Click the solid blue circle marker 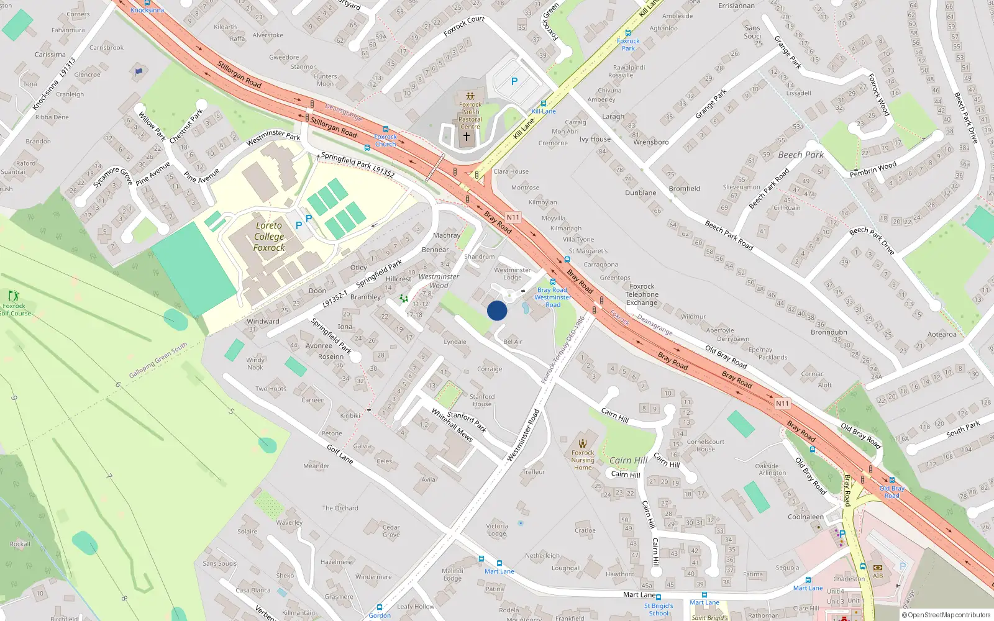point(497,310)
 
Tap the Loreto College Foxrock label point(269,237)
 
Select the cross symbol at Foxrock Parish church point(467,136)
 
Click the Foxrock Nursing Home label point(583,460)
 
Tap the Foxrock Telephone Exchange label point(642,294)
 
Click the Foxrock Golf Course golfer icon point(14,296)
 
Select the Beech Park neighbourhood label point(801,155)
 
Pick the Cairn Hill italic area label point(628,460)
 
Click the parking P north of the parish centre point(514,81)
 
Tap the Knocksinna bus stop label point(147,10)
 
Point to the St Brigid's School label point(659,609)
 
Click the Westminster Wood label point(439,281)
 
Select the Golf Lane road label point(340,454)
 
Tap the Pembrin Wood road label point(873,169)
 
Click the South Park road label point(963,428)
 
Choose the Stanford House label point(482,400)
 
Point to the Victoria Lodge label point(497,530)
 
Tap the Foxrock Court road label point(463,25)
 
